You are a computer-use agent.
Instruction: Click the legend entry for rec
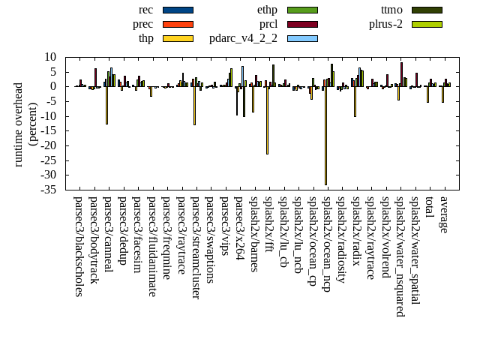(178, 10)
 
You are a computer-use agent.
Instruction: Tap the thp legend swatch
(178, 38)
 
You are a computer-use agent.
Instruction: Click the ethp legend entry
(302, 10)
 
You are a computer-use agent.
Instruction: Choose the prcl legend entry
(302, 24)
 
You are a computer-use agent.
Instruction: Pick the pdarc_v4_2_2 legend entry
(302, 38)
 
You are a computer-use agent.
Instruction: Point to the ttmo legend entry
(427, 10)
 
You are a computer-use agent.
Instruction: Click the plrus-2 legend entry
(427, 24)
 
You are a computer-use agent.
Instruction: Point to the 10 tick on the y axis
(51, 57)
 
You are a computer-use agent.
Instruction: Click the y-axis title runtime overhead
(19, 123)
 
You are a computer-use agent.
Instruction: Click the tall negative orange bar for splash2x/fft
(267, 120)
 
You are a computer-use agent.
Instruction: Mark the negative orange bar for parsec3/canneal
(106, 105)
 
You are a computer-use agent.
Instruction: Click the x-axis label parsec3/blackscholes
(78, 246)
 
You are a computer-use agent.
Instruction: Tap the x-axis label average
(443, 214)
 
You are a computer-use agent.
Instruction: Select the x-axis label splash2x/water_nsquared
(400, 256)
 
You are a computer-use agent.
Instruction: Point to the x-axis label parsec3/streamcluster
(195, 247)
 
